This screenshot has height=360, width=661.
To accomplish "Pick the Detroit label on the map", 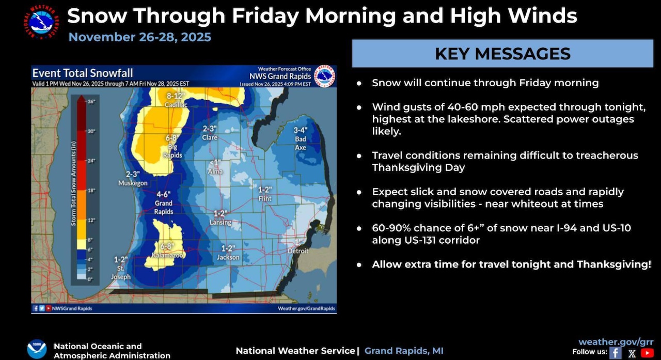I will pyautogui.click(x=297, y=251).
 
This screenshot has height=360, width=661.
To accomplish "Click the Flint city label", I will pyautogui.click(x=265, y=198).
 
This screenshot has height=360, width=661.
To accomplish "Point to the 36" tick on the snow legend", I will pyautogui.click(x=92, y=102).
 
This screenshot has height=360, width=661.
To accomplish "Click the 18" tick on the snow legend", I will pyautogui.click(x=92, y=191).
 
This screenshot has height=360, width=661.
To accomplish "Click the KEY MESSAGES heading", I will pyautogui.click(x=502, y=54).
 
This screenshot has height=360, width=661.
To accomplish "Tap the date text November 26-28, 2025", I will pyautogui.click(x=140, y=37).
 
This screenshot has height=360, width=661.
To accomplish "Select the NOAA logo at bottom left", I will pyautogui.click(x=37, y=348).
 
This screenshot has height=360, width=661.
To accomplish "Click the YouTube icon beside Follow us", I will pyautogui.click(x=647, y=353).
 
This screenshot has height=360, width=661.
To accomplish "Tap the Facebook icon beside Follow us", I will pyautogui.click(x=615, y=353).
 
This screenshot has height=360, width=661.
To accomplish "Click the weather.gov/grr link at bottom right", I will pyautogui.click(x=616, y=342).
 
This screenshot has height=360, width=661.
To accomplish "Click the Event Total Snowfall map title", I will pyautogui.click(x=83, y=73).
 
